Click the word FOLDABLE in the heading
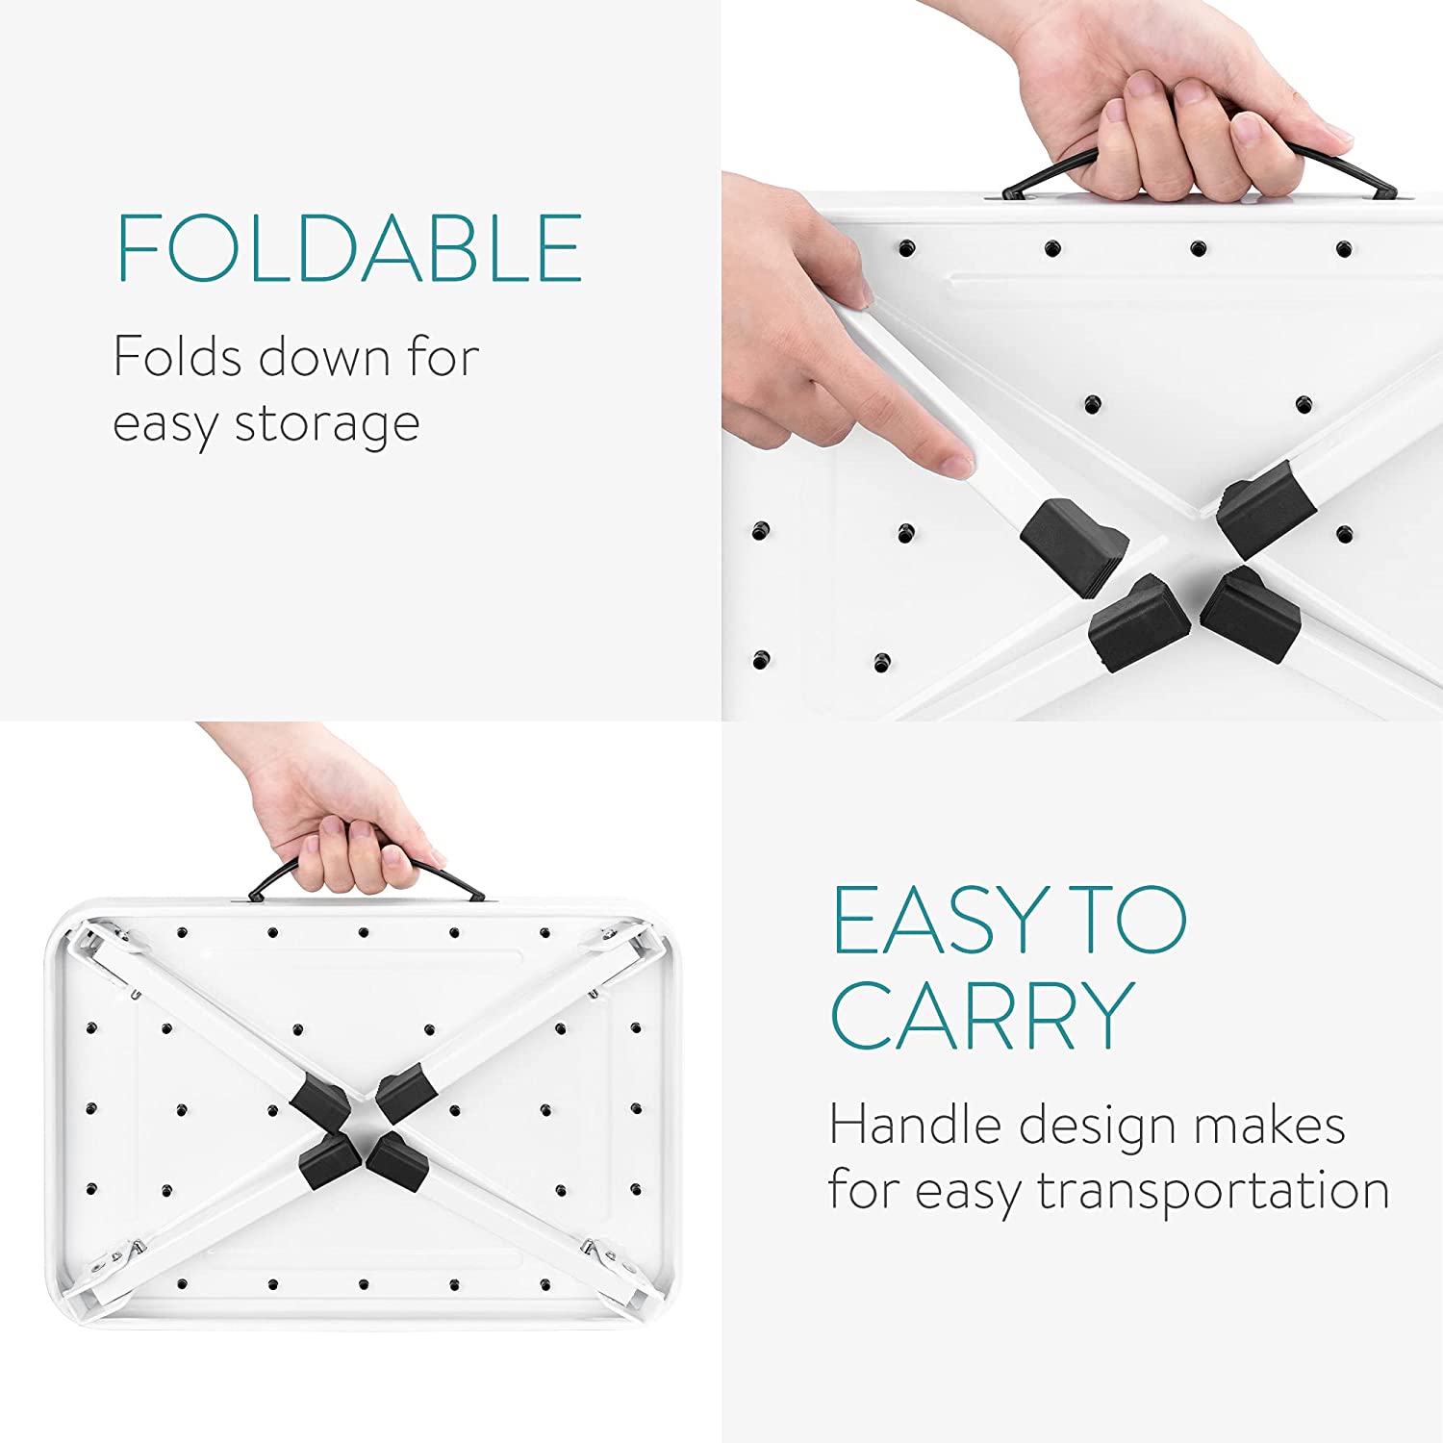point(349,247)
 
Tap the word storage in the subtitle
point(327,423)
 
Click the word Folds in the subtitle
point(177,357)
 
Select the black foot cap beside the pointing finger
point(1073,544)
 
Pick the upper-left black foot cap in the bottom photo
point(320,1103)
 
